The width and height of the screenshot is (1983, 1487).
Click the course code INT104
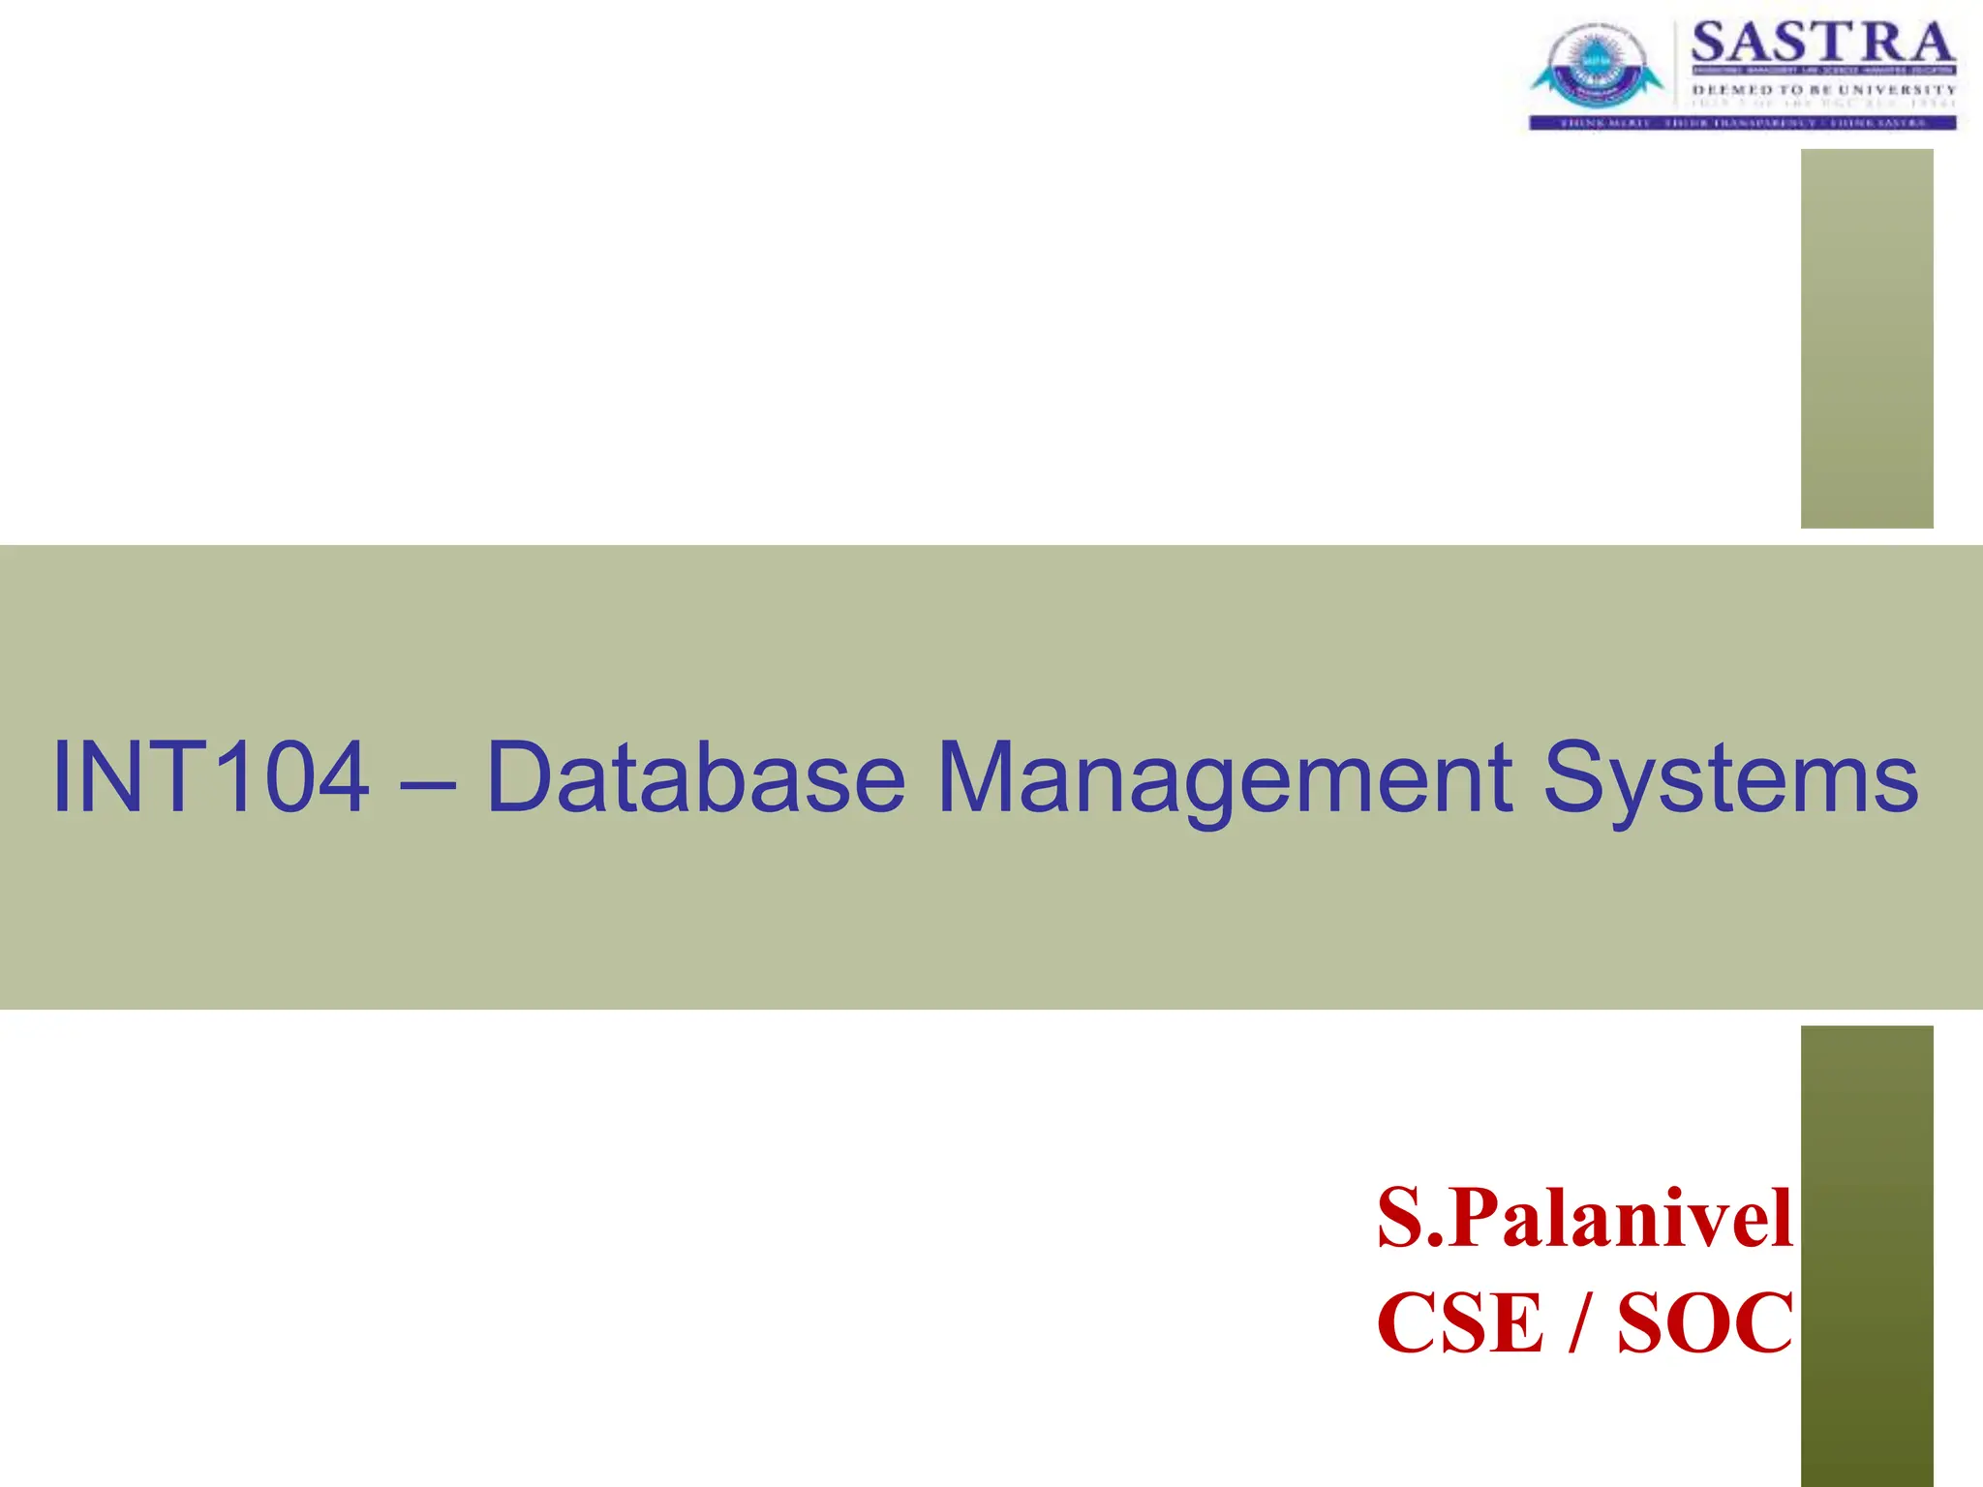[x=210, y=776]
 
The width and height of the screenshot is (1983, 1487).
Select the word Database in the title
[x=695, y=776]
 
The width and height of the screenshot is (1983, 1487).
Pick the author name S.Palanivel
[x=1585, y=1218]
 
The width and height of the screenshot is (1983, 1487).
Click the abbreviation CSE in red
[x=1459, y=1322]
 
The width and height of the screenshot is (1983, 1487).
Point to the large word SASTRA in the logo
[x=1822, y=44]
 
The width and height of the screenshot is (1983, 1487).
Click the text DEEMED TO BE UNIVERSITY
[x=1823, y=90]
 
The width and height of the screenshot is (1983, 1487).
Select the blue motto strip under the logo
[x=1743, y=123]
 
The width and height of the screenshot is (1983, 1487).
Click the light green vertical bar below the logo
[x=1867, y=339]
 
